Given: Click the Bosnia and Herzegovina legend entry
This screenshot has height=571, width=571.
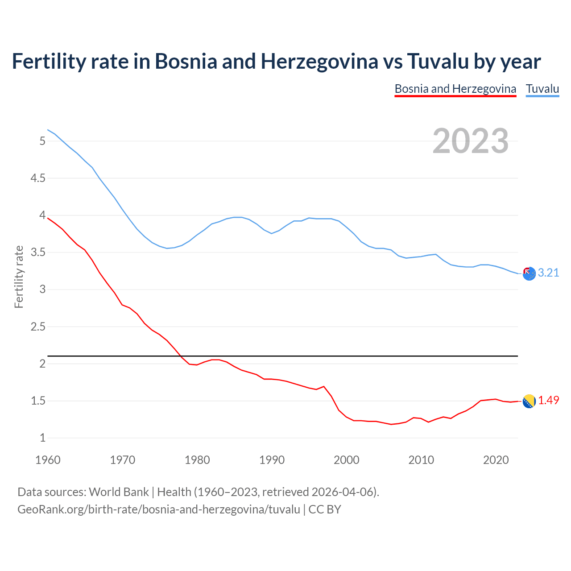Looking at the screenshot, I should [455, 89].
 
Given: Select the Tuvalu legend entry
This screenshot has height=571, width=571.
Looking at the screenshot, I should [542, 89].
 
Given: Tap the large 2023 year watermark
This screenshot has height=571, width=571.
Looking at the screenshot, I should [471, 141].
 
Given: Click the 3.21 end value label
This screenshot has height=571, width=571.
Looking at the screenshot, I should [548, 273].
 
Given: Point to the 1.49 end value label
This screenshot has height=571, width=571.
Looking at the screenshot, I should [548, 401].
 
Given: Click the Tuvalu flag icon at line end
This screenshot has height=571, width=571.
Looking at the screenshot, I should [529, 274].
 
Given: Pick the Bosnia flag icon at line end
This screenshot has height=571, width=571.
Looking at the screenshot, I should [529, 401].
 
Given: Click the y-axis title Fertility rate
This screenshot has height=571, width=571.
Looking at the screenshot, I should [19, 277].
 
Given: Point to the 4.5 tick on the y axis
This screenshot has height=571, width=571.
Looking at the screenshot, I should [37, 178].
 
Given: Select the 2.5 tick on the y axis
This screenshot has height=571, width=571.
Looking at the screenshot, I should [37, 327].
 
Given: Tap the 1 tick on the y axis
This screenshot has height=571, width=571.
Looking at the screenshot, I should [42, 438].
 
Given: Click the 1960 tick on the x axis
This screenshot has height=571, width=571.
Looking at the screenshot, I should [48, 460].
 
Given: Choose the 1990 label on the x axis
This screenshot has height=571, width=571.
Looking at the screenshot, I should [272, 460].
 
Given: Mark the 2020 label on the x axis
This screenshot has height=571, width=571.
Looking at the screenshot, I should [496, 460].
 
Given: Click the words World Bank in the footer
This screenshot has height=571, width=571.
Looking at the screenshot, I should [119, 492].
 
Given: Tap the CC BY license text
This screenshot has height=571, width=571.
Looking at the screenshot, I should [325, 509].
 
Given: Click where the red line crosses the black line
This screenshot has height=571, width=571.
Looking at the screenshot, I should [181, 356].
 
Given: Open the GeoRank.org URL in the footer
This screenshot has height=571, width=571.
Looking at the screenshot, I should [158, 509].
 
